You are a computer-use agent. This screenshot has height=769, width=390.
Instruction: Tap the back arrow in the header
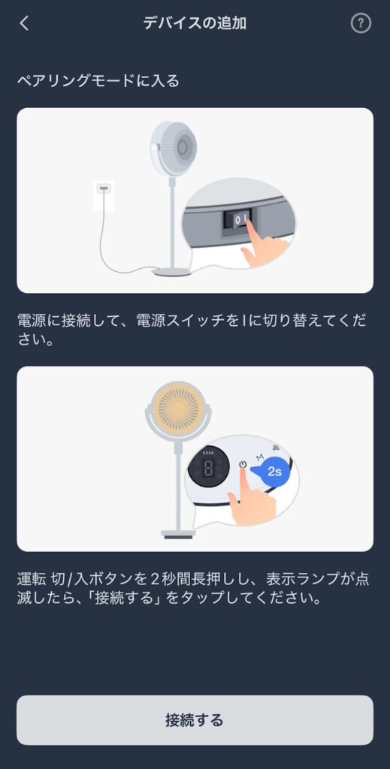[x=25, y=23]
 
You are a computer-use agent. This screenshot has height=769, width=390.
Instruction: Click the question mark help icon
[x=361, y=23]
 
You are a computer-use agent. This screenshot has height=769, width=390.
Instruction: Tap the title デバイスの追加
[x=195, y=23]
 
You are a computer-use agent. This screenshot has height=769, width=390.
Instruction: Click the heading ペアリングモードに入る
[x=98, y=80]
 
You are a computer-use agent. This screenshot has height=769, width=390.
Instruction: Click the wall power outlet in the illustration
[x=104, y=194]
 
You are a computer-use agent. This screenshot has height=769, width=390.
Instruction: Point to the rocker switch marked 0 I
[x=238, y=219]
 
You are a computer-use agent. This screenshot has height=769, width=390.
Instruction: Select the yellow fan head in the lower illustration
[x=178, y=409]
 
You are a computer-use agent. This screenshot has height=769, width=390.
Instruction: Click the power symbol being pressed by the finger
[x=242, y=464]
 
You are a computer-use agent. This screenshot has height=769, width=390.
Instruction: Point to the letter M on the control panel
[x=260, y=457]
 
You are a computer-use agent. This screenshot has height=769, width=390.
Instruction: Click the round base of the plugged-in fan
[x=171, y=272]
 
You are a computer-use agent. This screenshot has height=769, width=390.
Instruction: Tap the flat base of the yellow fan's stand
[x=178, y=534]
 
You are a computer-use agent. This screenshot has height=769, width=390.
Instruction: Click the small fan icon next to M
[x=277, y=448]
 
